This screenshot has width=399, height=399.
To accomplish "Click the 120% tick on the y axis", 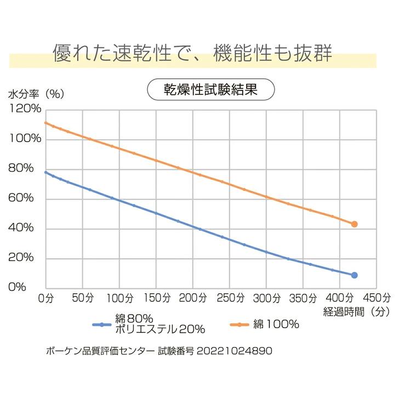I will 25,109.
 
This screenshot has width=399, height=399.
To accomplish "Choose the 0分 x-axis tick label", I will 45,298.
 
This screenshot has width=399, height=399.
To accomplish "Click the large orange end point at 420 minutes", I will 355,224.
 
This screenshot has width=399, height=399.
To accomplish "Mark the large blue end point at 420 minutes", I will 355,275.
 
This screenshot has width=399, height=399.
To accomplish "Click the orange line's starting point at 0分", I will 45,122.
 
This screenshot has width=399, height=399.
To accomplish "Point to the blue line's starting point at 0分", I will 45,172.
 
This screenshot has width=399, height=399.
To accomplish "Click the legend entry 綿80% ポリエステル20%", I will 159,324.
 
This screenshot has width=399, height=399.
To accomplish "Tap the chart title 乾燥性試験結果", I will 210,89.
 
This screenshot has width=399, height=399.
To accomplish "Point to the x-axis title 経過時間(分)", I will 356,312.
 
